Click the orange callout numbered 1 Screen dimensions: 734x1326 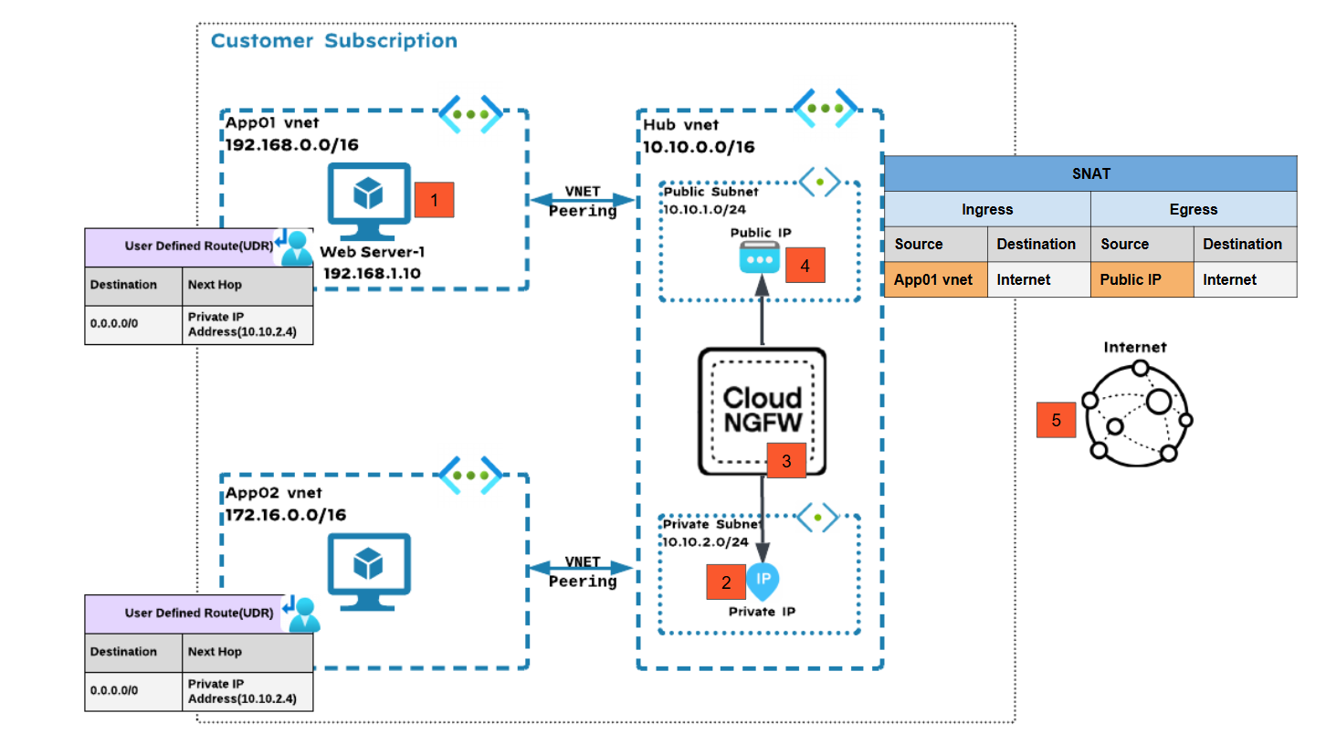pyautogui.click(x=434, y=199)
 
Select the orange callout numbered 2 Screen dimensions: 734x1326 pyautogui.click(x=726, y=582)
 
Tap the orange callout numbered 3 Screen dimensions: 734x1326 pyautogui.click(x=786, y=461)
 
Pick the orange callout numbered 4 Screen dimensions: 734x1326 pyautogui.click(x=805, y=266)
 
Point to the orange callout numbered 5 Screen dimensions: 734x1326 pyautogui.click(x=1056, y=420)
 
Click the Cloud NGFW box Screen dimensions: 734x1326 pyautogui.click(x=763, y=411)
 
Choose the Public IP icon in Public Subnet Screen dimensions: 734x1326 pyautogui.click(x=763, y=261)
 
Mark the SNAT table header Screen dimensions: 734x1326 pyautogui.click(x=1090, y=173)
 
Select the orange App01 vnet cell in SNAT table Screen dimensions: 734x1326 pyautogui.click(x=935, y=279)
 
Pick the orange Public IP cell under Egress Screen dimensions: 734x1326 pyautogui.click(x=1142, y=279)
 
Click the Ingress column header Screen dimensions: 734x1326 pyautogui.click(x=987, y=209)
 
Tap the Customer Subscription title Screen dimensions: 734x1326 pyautogui.click(x=334, y=41)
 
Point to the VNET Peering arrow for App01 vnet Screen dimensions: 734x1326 pyautogui.click(x=583, y=200)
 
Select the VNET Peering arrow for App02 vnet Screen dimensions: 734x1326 pyautogui.click(x=583, y=571)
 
